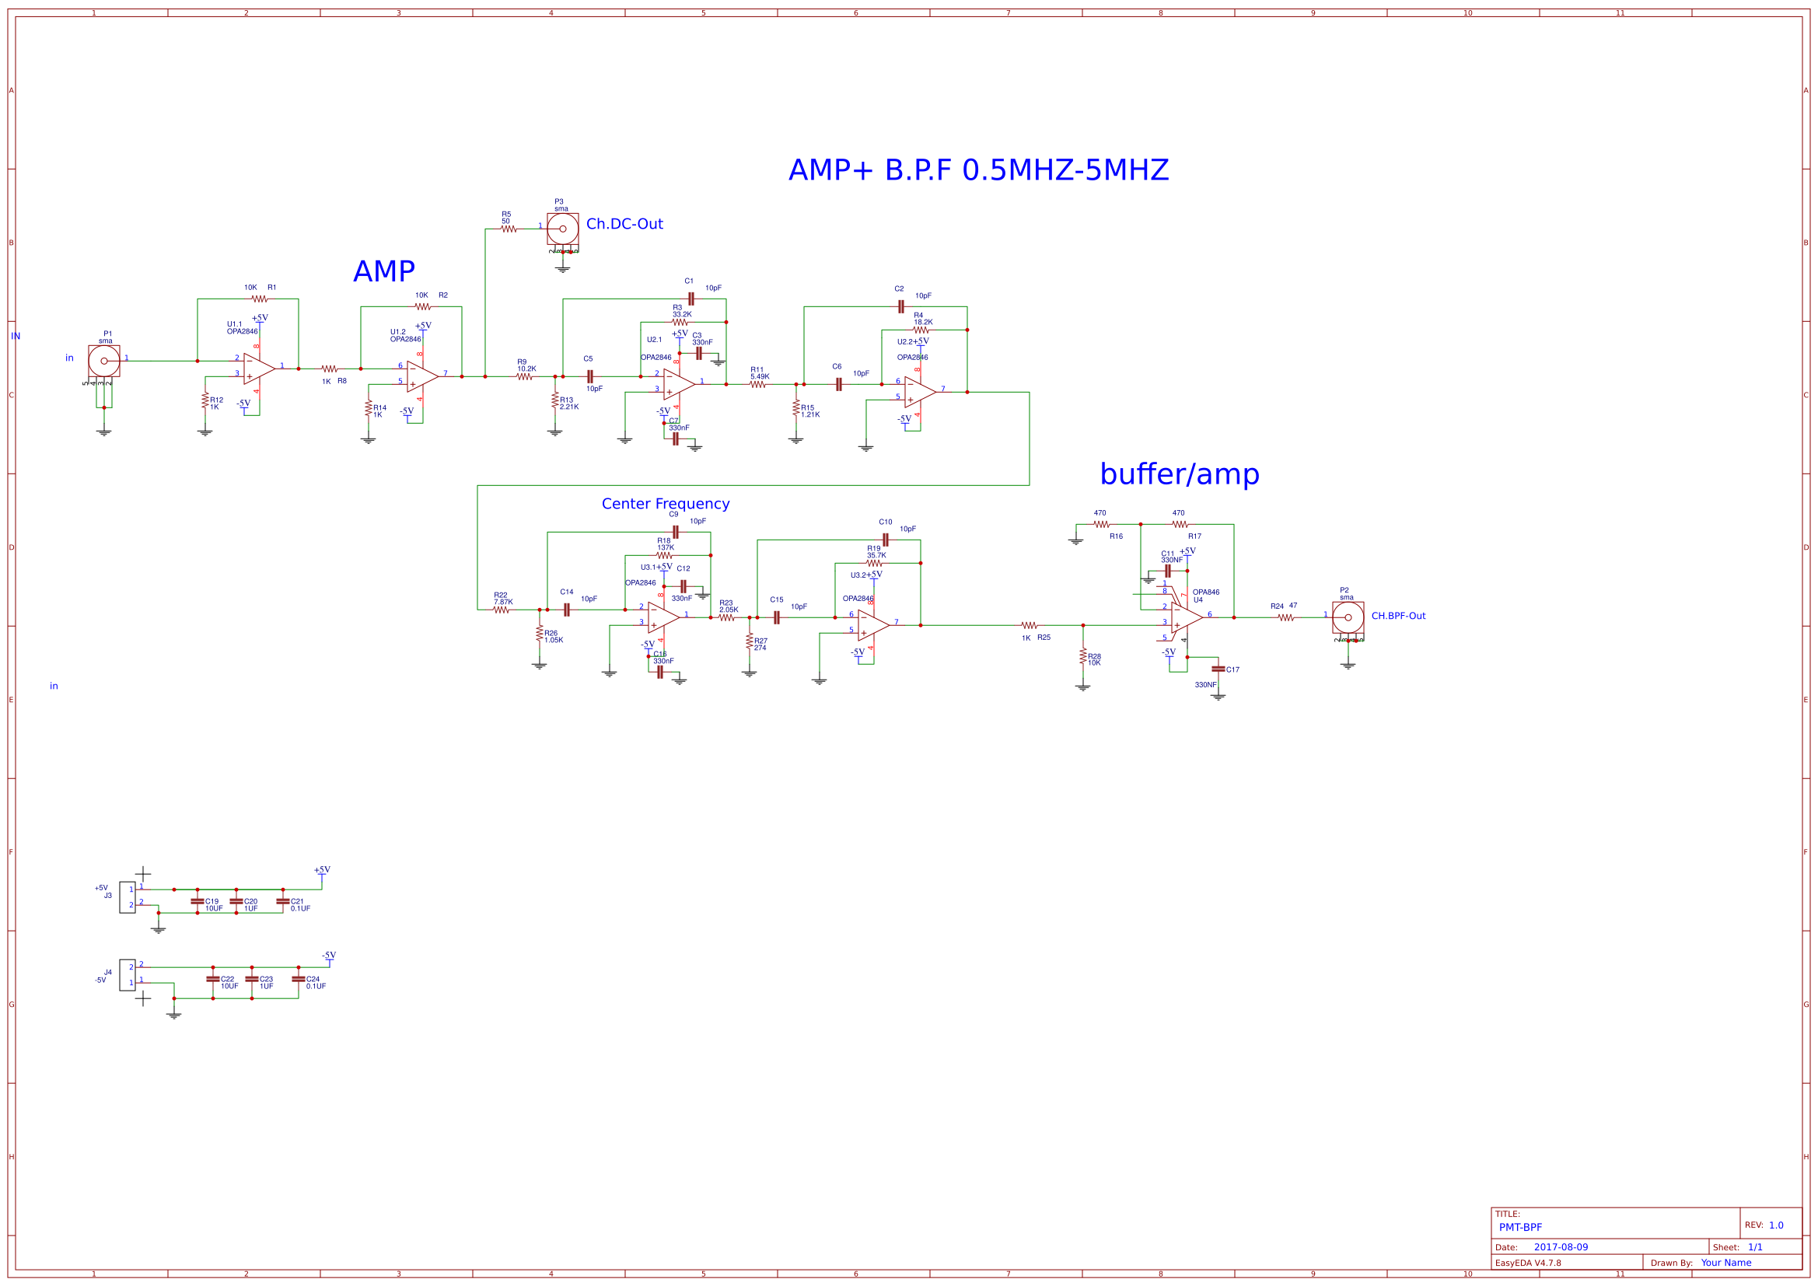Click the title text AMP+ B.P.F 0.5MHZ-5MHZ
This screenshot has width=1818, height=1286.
tap(978, 170)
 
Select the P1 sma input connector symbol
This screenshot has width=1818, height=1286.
tap(103, 361)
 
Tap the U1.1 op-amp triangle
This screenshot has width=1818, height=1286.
tap(258, 369)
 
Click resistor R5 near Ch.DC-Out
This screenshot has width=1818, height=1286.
tap(509, 229)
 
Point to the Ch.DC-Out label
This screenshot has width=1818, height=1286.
tap(624, 224)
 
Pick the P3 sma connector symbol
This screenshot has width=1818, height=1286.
tap(562, 229)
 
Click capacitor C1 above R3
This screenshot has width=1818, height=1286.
tap(691, 299)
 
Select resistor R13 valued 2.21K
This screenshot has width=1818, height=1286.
tap(555, 400)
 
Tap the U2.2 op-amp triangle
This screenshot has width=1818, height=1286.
tap(919, 392)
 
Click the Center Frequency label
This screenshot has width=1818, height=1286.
tap(665, 504)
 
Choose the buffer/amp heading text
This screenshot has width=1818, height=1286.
tap(1179, 474)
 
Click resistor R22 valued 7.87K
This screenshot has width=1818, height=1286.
tap(502, 610)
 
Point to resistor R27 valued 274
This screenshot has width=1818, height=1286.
tap(749, 641)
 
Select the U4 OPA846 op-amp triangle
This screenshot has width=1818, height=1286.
tap(1186, 617)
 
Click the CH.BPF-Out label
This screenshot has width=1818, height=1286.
tap(1397, 616)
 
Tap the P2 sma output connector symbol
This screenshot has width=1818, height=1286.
tap(1348, 617)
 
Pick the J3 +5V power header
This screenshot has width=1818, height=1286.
tap(127, 897)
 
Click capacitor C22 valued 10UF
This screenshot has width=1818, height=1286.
tap(212, 979)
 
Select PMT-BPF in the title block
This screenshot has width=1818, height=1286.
tap(1520, 1228)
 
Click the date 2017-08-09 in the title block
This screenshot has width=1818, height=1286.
tap(1561, 1247)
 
